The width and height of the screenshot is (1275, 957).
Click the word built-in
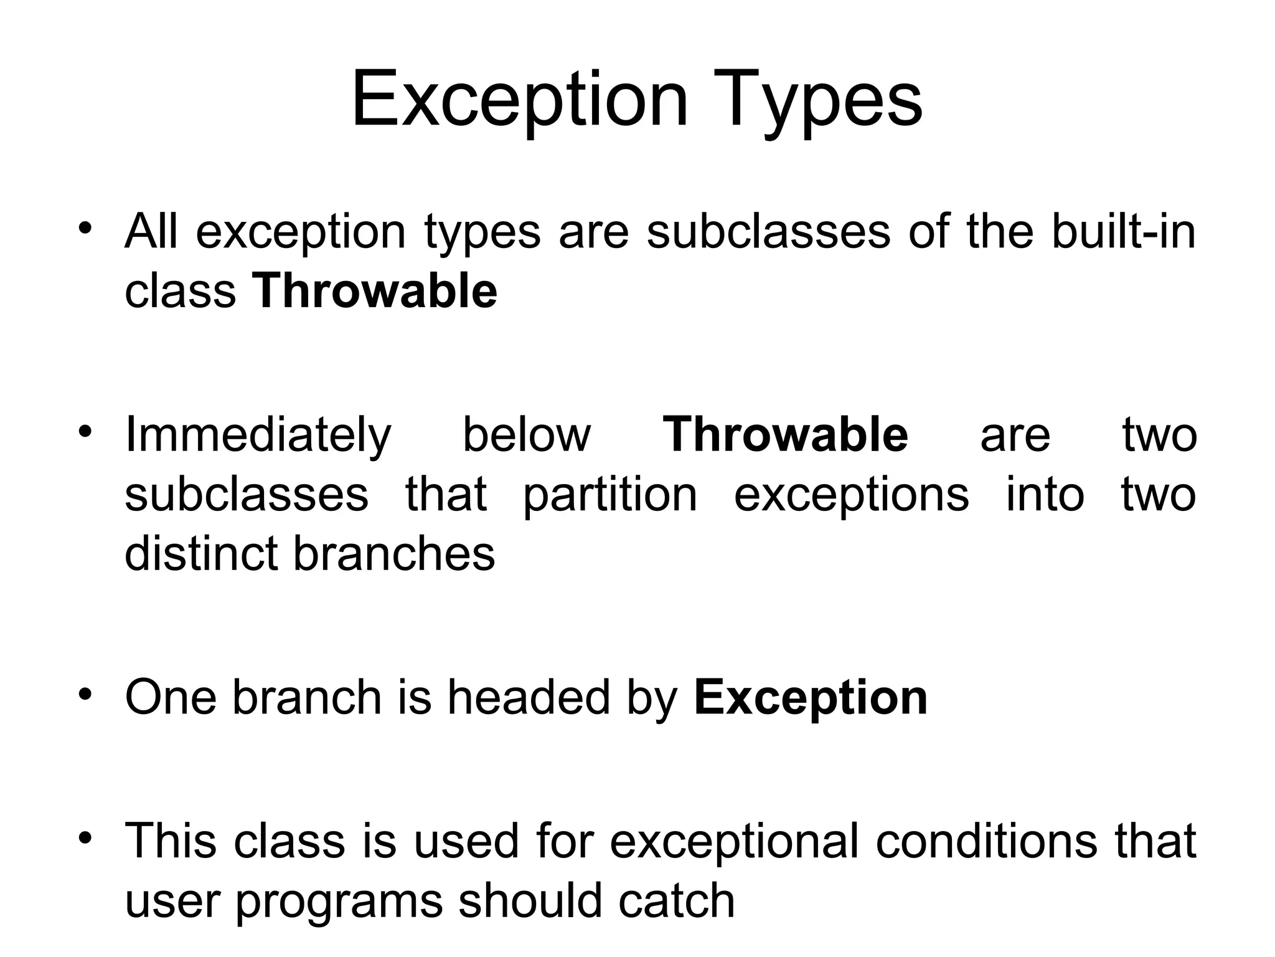1123,231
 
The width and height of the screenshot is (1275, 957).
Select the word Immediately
258,436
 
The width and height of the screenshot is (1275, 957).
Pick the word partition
610,495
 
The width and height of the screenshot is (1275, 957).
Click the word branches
394,553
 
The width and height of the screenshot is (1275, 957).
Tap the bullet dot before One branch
86,693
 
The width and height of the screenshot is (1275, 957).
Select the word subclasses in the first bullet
768,231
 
